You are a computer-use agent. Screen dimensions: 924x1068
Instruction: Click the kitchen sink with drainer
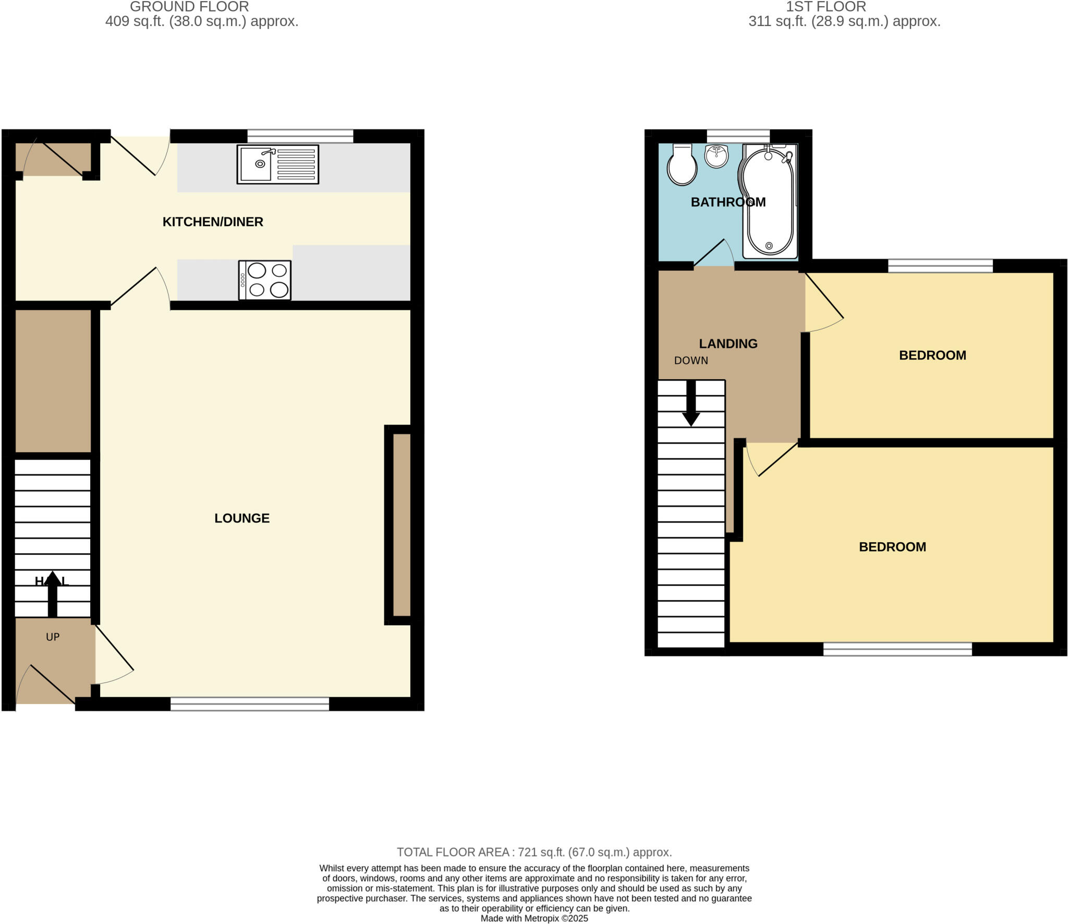[x=277, y=164]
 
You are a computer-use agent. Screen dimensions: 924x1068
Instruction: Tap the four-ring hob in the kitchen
[x=265, y=280]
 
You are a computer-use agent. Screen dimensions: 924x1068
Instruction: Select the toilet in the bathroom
[x=682, y=165]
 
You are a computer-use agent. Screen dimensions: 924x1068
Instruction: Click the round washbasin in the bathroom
[x=717, y=156]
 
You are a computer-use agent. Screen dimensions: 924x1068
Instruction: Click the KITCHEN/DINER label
[x=213, y=222]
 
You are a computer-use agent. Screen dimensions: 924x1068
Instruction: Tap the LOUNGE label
[x=242, y=518]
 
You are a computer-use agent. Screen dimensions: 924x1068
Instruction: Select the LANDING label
[x=728, y=344]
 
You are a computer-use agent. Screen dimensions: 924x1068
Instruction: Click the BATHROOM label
[x=728, y=202]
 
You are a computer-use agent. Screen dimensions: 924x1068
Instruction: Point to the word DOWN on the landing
[x=691, y=360]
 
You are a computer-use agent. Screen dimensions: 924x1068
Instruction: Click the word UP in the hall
[x=53, y=637]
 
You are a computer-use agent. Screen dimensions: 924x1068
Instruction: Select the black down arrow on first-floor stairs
[x=691, y=404]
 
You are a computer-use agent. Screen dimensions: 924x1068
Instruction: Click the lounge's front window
[x=250, y=704]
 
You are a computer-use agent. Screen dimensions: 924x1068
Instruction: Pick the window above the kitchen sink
[x=300, y=136]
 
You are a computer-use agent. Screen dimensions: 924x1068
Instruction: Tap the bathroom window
[x=738, y=136]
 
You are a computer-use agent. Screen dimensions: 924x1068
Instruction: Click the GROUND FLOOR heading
[x=189, y=7]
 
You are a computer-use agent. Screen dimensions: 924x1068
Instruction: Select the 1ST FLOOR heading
[x=826, y=7]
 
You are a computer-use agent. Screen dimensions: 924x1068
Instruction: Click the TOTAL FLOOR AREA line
[x=534, y=853]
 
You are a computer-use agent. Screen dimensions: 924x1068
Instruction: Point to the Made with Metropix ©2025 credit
[x=534, y=919]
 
